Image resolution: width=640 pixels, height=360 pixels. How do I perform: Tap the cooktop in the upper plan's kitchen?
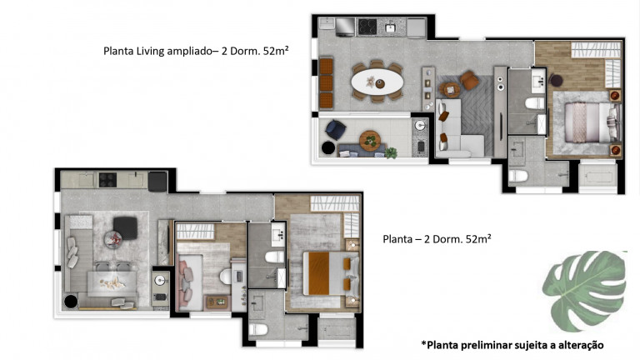(367, 27)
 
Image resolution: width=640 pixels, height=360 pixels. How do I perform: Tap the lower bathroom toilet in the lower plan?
(258, 329)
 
